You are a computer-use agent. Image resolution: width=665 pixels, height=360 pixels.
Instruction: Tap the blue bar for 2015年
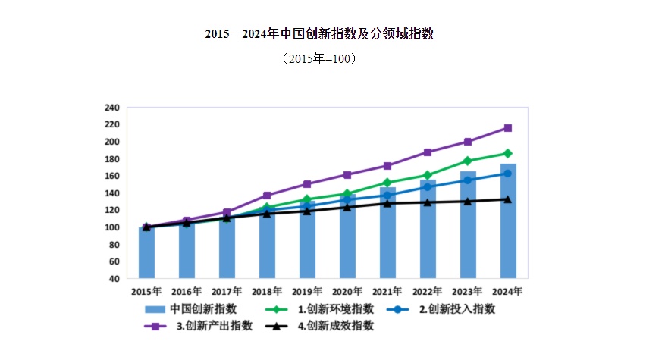coord(146,254)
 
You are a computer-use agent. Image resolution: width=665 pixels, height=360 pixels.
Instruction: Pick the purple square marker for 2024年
coord(508,128)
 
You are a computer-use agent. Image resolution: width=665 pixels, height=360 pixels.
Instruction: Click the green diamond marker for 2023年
coord(468,161)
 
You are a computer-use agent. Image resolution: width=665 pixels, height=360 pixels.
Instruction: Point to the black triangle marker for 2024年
coord(508,199)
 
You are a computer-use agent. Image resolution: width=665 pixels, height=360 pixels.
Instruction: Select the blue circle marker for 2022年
coord(428,186)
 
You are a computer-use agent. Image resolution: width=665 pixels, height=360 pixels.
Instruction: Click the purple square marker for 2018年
coord(267,196)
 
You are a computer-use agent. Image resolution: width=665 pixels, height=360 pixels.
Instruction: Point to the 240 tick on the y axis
coord(112,108)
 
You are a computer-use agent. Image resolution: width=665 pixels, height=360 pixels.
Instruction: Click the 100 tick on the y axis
coord(112,227)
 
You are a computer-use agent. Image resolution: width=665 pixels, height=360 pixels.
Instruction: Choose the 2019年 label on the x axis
coord(307,291)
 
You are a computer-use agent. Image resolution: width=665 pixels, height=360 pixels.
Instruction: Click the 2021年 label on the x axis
coord(387,291)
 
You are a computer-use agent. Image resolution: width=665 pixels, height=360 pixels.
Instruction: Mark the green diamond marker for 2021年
coord(387,183)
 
